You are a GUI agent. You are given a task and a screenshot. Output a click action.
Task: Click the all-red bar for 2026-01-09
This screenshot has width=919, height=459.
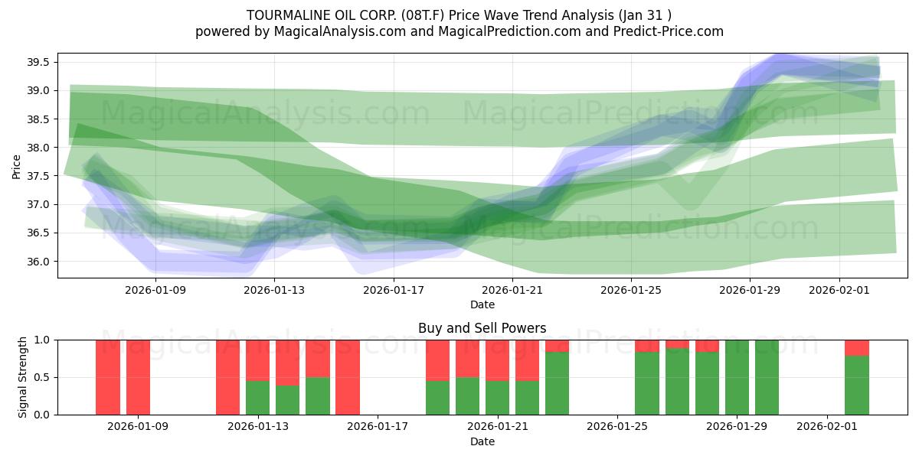138,377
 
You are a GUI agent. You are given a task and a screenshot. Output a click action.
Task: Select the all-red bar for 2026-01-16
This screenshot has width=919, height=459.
347,377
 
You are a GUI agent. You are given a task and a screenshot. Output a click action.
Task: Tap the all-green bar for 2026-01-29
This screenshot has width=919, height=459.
737,377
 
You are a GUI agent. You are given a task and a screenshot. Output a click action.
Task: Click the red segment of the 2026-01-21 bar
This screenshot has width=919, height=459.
497,360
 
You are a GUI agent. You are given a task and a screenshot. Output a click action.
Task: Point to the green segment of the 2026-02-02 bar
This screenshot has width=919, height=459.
856,386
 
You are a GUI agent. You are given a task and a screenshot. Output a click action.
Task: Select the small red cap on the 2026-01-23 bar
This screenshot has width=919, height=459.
557,346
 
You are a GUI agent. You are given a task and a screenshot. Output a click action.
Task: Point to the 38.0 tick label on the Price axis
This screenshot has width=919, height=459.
38,148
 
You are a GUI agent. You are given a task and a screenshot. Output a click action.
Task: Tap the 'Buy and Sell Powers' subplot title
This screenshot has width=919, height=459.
482,328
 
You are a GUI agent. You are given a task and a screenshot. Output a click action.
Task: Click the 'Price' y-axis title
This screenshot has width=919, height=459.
17,165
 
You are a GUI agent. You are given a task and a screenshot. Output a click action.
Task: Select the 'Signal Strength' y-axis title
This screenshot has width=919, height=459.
23,376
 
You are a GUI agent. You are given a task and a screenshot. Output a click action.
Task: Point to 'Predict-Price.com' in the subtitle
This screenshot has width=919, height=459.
670,31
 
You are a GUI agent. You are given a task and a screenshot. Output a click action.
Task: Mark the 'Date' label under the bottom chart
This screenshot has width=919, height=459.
482,441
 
